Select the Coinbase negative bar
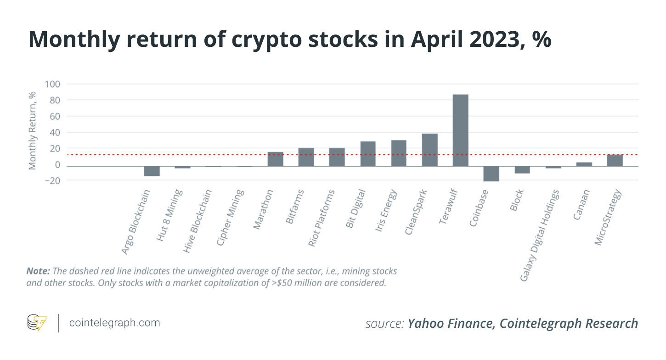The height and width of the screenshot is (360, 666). tap(491, 174)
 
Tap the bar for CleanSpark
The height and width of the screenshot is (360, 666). tap(429, 150)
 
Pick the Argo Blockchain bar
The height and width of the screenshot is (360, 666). tap(152, 171)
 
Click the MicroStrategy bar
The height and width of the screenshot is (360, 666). tap(615, 160)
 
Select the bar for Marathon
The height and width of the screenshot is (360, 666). tap(275, 159)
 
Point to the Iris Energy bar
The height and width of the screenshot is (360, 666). tap(399, 153)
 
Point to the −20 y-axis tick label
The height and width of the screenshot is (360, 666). tap(51, 181)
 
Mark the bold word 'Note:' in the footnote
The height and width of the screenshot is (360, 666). tap(38, 270)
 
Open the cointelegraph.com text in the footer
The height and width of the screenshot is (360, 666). tap(114, 323)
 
